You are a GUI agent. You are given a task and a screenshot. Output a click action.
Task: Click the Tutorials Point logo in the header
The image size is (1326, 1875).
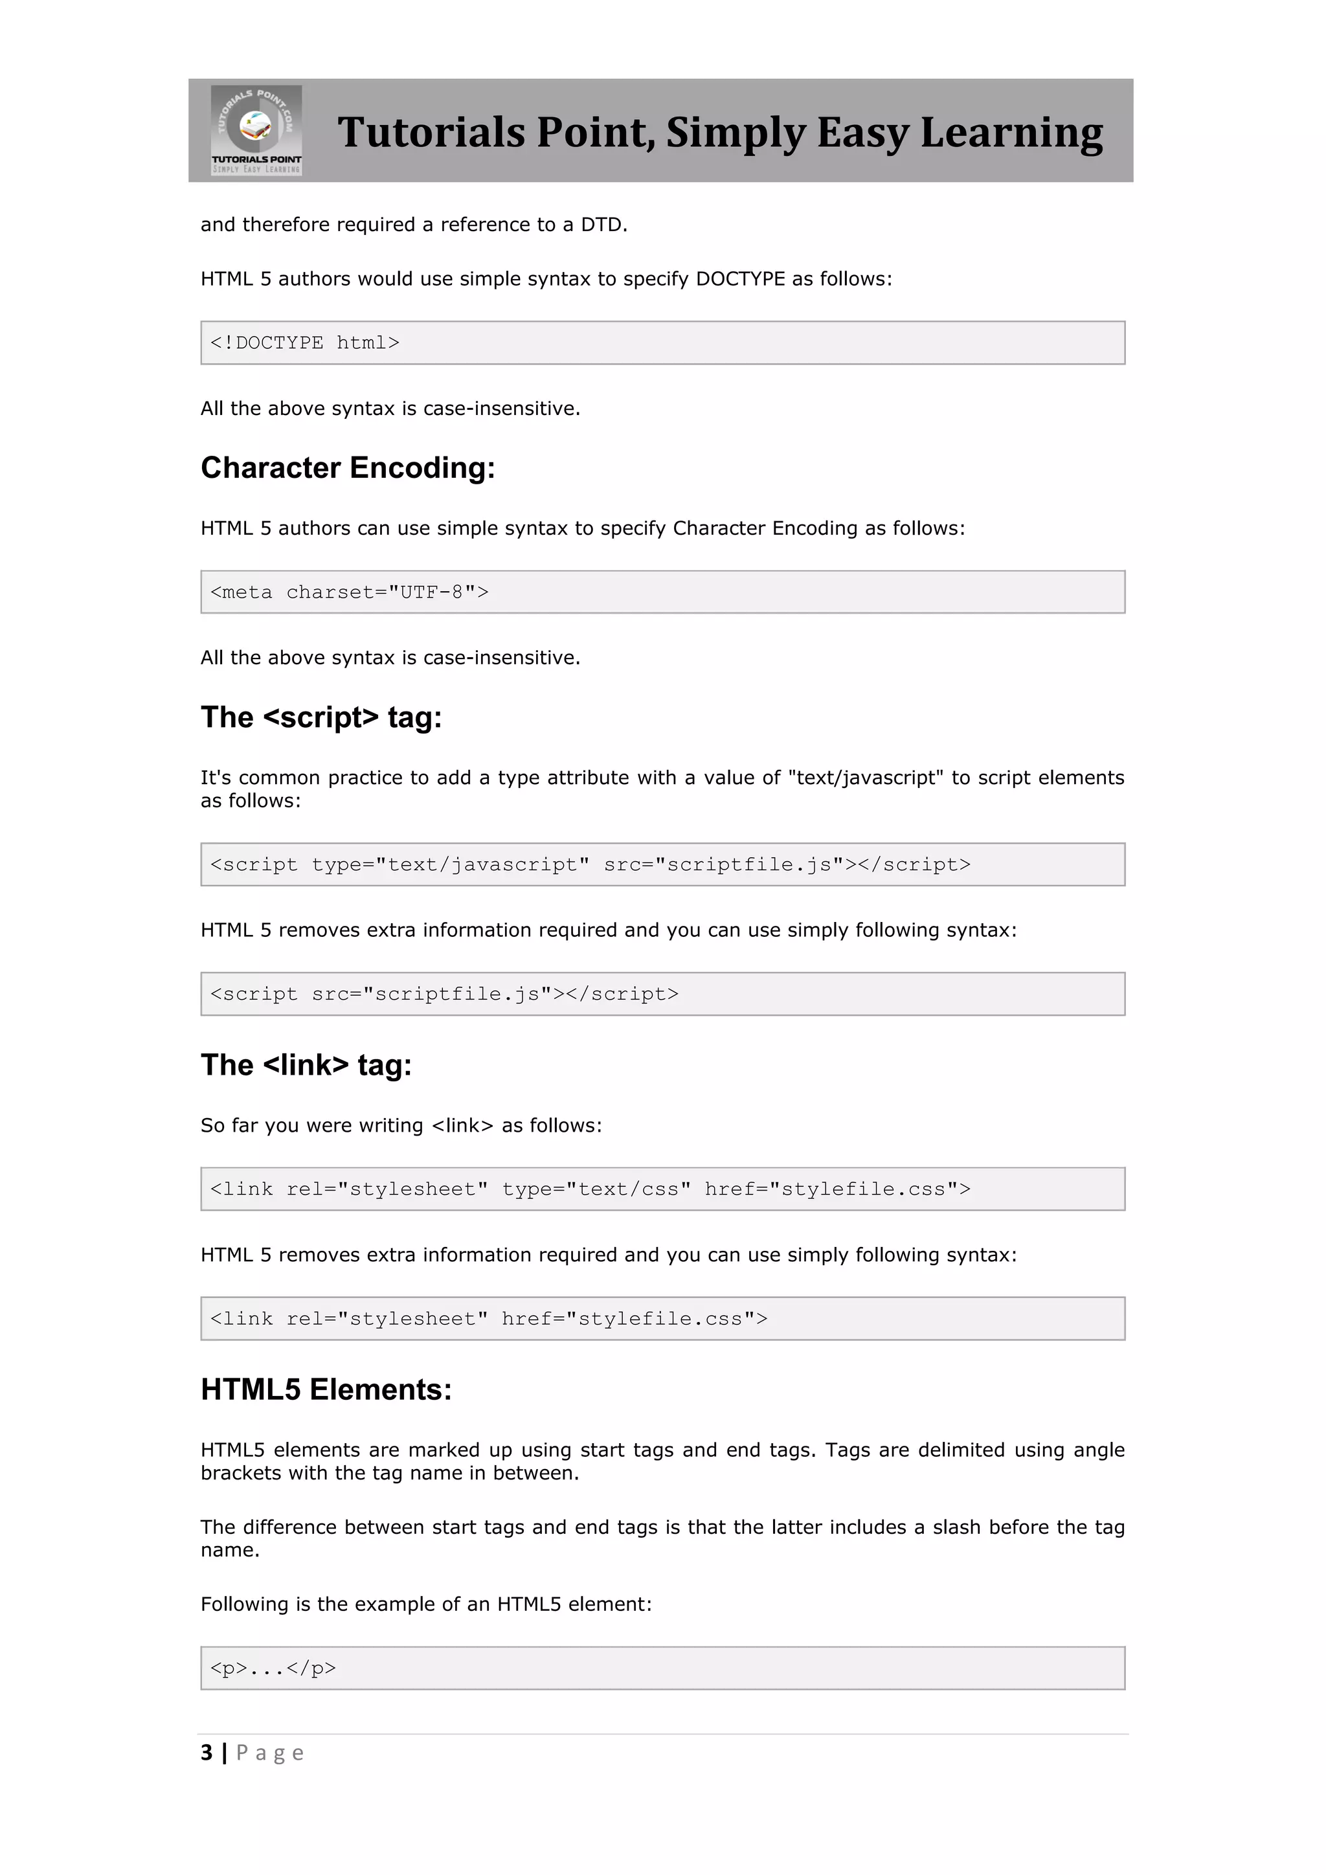click(x=256, y=131)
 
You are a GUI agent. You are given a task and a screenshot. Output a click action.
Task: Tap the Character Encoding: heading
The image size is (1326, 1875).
click(x=348, y=468)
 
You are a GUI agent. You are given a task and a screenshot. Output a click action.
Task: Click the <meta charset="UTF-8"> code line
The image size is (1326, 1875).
click(x=350, y=592)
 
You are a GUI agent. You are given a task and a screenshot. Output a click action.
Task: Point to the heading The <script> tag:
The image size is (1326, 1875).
click(x=321, y=717)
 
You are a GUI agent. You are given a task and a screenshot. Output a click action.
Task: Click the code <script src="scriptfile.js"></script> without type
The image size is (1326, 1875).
click(x=444, y=994)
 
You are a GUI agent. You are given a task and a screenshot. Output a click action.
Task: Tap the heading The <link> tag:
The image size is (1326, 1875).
click(x=306, y=1065)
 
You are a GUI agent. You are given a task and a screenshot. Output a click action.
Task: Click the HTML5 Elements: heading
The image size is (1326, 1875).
click(x=326, y=1390)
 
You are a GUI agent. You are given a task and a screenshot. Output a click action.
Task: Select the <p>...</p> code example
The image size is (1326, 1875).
click(x=273, y=1668)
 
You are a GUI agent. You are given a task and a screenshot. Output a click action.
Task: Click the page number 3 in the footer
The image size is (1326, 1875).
click(x=207, y=1753)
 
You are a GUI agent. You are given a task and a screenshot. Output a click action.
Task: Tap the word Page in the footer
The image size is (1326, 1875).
click(x=269, y=1753)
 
